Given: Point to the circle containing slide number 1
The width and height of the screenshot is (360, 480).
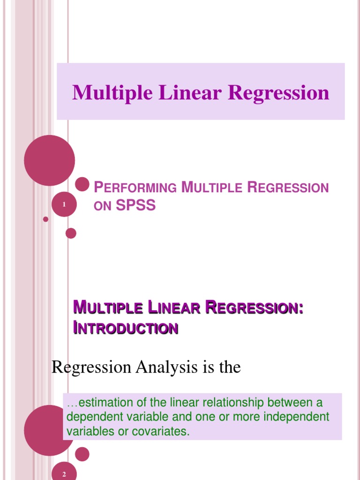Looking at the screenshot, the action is coord(63,205).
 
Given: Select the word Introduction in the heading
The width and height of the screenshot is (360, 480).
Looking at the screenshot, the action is coord(126,328).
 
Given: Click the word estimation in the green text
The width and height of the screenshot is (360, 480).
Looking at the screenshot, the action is coord(99,403).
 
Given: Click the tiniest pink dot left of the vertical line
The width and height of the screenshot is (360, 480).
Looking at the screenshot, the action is coord(45,219).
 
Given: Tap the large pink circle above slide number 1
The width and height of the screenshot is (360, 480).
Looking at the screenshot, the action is coord(49,160).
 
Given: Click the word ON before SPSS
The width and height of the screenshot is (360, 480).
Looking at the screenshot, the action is coord(102,206).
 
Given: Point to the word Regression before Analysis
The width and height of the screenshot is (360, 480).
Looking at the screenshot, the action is coord(91,367).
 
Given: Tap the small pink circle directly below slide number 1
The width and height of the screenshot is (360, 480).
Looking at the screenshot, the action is coord(71,233).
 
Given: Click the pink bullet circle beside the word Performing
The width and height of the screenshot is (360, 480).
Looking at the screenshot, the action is coord(82,184).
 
